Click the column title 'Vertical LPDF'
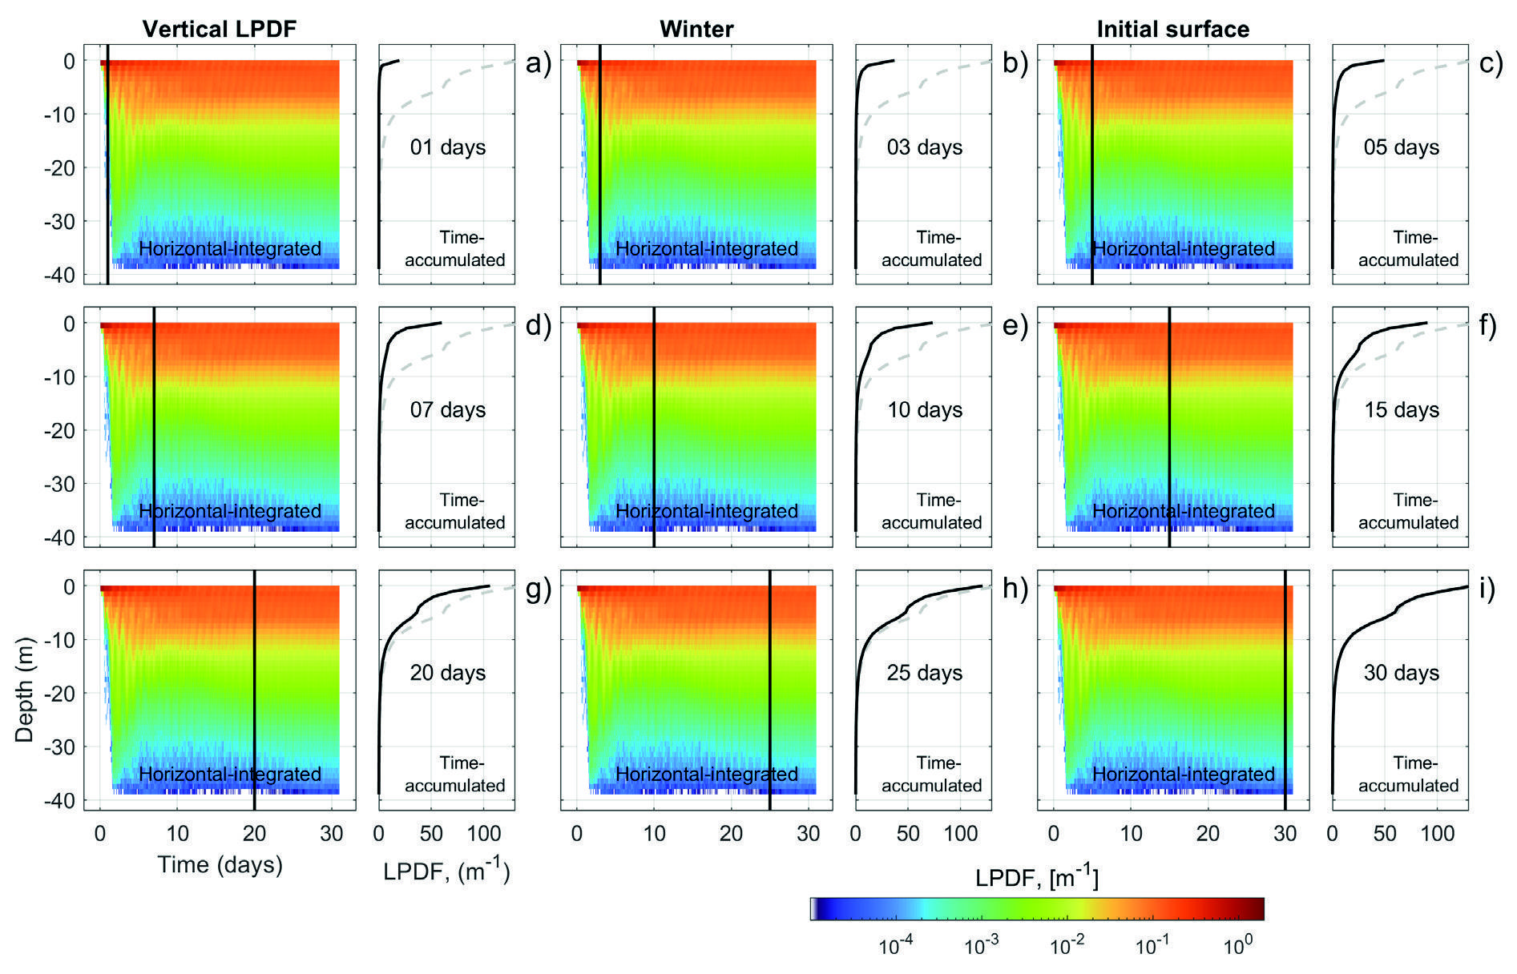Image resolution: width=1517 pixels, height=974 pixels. click(220, 30)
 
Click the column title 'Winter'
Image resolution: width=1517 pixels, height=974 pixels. click(696, 30)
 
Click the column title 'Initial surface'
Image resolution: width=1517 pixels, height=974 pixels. click(1172, 30)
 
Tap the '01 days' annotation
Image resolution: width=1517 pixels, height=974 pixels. click(448, 147)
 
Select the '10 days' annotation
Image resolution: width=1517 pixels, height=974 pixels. click(925, 410)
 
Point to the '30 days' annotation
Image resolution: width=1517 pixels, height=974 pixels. click(1402, 673)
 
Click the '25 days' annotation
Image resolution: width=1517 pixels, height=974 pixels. click(925, 673)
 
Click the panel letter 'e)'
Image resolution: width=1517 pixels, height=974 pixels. click(1015, 326)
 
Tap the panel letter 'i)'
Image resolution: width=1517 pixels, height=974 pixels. click(1487, 589)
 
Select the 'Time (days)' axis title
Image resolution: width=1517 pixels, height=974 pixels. click(220, 865)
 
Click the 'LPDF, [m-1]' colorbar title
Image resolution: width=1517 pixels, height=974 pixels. click(1036, 879)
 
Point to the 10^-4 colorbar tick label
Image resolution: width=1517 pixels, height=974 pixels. click(896, 947)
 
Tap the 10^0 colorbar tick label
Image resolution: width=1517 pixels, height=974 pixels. click(1237, 947)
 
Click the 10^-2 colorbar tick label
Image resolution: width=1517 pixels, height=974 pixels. click(1067, 947)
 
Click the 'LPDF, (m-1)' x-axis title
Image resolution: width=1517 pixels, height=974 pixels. click(446, 871)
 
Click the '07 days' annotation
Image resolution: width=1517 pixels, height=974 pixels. click(448, 410)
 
